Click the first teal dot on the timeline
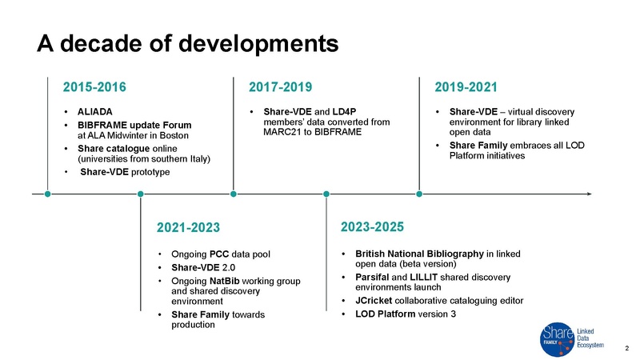(x=48, y=193)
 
